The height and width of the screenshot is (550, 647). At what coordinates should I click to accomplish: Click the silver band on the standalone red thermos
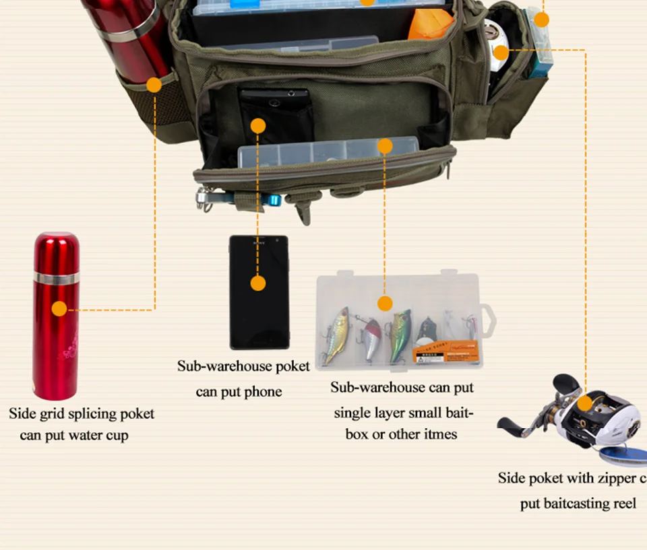57,277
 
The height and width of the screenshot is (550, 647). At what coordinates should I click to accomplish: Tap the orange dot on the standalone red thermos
59,309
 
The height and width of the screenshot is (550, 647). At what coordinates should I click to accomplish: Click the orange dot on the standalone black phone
258,283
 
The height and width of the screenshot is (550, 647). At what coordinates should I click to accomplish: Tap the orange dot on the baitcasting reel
584,403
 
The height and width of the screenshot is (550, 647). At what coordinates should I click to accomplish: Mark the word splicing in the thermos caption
88,414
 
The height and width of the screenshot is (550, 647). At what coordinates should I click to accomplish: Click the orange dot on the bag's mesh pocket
154,85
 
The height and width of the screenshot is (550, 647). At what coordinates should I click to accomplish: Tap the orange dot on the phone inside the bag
258,126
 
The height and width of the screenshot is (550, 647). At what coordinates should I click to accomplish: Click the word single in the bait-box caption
355,413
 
